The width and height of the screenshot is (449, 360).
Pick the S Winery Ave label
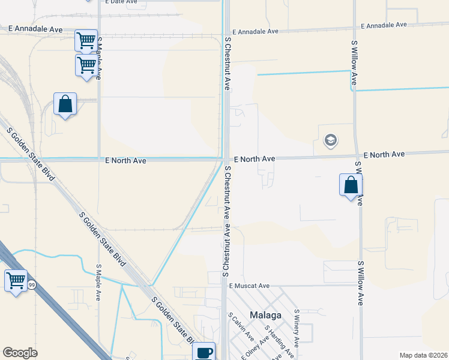(x=297, y=326)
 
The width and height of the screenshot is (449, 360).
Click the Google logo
(x=20, y=353)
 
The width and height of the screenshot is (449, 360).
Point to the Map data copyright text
(x=423, y=355)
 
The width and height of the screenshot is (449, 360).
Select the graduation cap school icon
(x=330, y=141)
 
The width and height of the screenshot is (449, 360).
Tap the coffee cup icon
(x=203, y=352)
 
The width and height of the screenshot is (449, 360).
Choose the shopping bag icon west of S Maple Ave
(x=65, y=104)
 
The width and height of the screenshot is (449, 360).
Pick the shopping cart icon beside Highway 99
(x=16, y=280)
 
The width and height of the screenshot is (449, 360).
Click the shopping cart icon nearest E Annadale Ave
(x=86, y=41)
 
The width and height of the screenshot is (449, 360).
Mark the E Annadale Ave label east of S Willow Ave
(x=384, y=25)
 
